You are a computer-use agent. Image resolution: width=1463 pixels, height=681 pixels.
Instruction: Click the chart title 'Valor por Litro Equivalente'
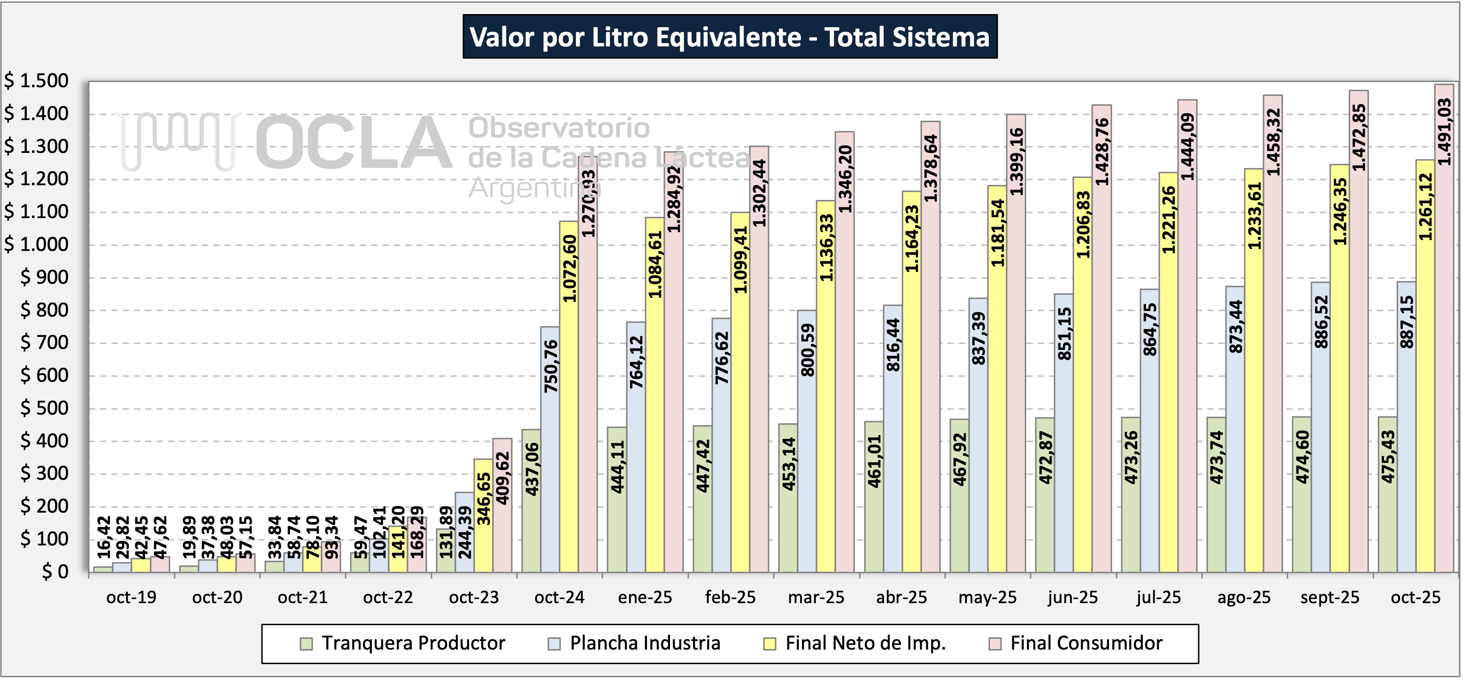point(729,38)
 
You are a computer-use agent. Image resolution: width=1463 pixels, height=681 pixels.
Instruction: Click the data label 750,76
point(551,366)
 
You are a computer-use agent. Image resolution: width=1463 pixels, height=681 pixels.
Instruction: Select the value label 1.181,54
point(997,233)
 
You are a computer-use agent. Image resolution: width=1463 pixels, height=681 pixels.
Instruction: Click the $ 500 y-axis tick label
point(44,408)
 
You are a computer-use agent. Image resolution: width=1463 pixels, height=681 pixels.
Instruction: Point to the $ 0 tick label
point(54,571)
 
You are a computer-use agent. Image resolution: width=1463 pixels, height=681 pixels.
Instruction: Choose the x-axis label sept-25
point(1330,598)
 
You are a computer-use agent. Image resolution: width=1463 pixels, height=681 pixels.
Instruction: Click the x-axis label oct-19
point(131,598)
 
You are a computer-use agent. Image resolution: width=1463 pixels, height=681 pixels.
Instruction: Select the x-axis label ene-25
point(645,598)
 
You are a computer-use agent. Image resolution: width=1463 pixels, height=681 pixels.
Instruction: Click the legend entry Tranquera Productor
point(413,643)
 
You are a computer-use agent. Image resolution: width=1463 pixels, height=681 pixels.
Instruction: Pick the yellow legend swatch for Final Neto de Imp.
point(770,643)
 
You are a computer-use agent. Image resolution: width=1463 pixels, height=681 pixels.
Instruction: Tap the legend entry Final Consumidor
point(1086,643)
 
